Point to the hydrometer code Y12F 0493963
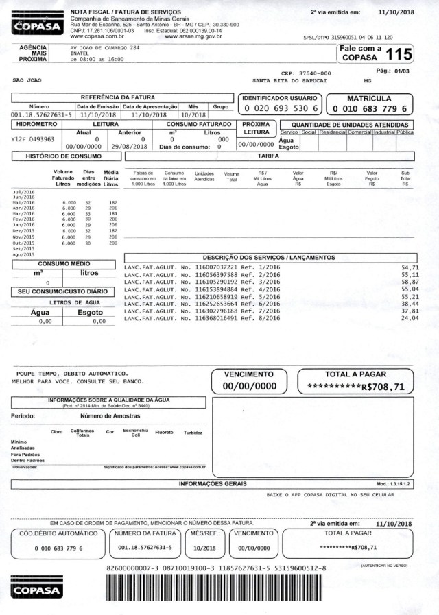34,139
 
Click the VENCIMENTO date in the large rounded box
249,387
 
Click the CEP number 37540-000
306,73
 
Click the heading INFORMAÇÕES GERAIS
219,484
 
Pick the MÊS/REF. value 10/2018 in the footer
204,548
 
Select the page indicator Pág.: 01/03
393,71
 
